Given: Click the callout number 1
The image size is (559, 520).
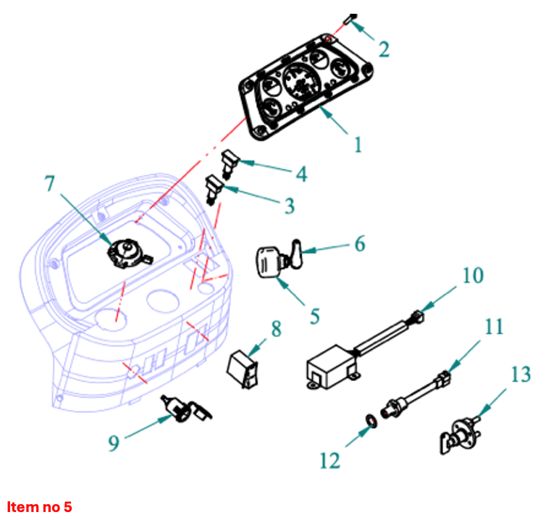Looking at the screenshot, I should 358,144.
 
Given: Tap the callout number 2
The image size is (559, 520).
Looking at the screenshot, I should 384,49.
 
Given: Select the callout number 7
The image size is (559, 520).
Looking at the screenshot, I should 49,184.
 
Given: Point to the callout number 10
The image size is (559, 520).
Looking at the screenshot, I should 472,276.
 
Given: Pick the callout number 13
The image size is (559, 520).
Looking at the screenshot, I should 520,374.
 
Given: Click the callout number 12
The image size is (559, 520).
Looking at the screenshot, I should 329,459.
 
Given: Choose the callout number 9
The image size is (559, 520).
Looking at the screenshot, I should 114,443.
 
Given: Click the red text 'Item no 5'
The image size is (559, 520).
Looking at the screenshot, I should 39,506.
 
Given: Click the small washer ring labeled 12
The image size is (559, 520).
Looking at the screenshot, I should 369,420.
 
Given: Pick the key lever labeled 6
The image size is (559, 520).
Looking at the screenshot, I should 295,253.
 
